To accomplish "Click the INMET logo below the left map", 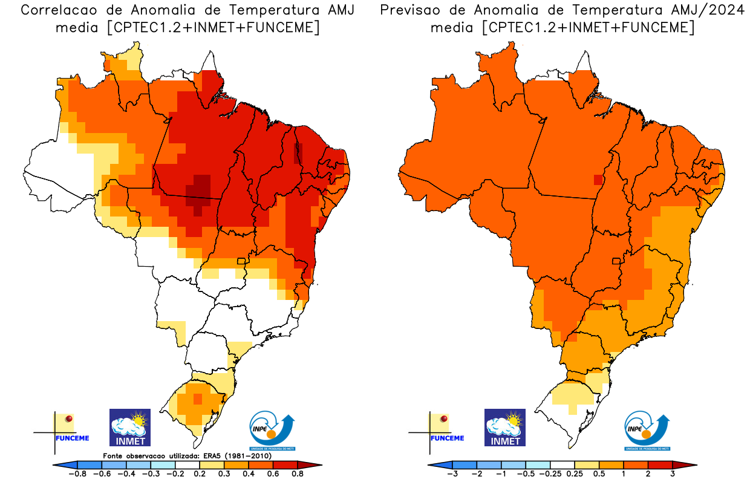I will click(x=129, y=428).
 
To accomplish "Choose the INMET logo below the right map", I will click(x=505, y=428).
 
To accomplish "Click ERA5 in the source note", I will click(x=209, y=455).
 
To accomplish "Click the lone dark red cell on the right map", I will click(x=598, y=179).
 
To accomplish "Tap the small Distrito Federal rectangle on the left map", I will click(x=241, y=261).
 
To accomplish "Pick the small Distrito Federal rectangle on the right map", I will click(x=616, y=261).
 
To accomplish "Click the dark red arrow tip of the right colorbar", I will click(x=691, y=465).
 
